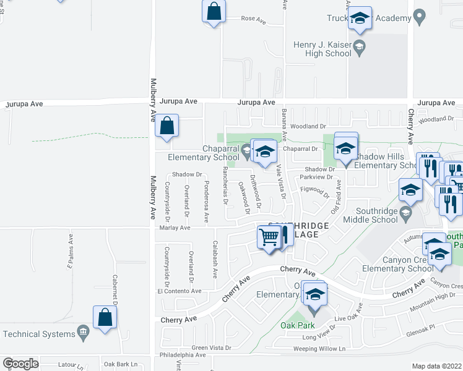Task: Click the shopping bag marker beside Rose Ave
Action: pos(214,12)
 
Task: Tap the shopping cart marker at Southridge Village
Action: pos(269,237)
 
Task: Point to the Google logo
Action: pos(20,364)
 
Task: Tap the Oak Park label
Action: pos(297,325)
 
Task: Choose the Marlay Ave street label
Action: pos(176,228)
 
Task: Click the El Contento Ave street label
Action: pos(180,291)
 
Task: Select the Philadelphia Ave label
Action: pos(183,355)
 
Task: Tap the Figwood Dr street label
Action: pos(314,192)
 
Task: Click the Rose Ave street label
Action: pos(253,20)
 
